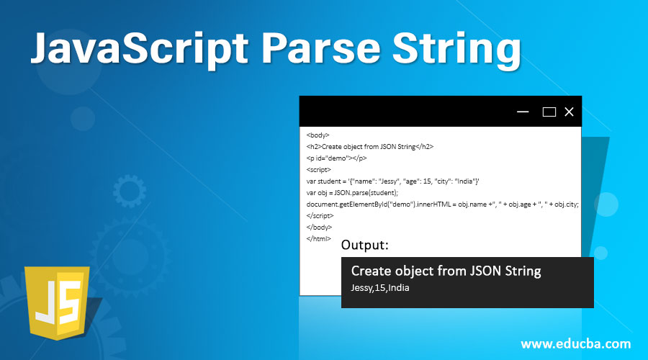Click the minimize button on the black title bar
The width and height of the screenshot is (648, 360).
tap(523, 112)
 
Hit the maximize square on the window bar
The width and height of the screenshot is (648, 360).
tap(549, 112)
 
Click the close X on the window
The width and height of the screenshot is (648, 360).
tap(569, 112)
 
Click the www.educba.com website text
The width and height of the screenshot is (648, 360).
tap(575, 343)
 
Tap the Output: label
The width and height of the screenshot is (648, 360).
tap(365, 246)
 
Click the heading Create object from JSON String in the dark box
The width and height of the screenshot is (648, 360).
tap(446, 271)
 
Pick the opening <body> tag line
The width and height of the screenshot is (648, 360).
tap(318, 135)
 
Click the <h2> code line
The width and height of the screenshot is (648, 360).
tap(369, 146)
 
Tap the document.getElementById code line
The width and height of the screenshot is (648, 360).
tap(442, 204)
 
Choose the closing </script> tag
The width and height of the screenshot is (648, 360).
tap(320, 215)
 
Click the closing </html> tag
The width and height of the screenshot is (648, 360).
tap(318, 238)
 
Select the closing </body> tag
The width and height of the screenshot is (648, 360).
tap(319, 227)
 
